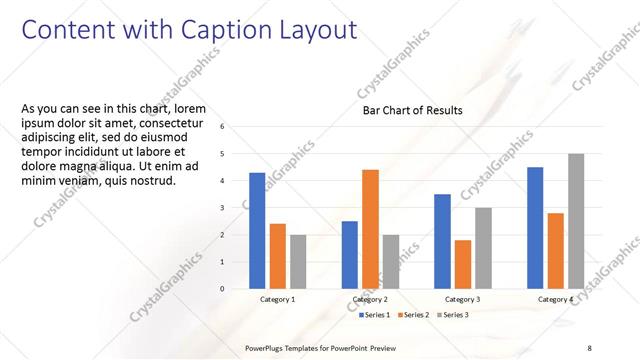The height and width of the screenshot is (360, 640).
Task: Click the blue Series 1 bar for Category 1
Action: click(x=257, y=230)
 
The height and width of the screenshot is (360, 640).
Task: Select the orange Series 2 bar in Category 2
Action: click(x=370, y=229)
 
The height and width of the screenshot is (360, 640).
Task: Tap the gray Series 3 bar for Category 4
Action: click(x=576, y=221)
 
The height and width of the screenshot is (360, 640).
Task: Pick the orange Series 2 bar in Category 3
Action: click(x=462, y=264)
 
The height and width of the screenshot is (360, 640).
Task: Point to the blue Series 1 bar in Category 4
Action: click(x=535, y=227)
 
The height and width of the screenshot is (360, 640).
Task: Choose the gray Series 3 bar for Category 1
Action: click(x=298, y=262)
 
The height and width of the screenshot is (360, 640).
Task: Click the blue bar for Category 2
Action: click(x=349, y=255)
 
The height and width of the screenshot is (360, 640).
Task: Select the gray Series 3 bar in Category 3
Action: click(x=483, y=248)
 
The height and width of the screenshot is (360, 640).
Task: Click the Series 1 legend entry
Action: click(x=376, y=315)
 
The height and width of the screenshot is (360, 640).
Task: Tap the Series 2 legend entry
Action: click(x=414, y=315)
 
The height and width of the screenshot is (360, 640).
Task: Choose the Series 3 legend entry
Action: click(x=452, y=315)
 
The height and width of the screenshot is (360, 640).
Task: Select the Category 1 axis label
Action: click(x=277, y=300)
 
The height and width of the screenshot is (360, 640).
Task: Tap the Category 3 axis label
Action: click(x=462, y=300)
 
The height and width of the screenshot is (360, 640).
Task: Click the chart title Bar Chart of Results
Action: click(x=412, y=110)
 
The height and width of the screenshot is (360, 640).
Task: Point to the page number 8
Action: click(x=590, y=347)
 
